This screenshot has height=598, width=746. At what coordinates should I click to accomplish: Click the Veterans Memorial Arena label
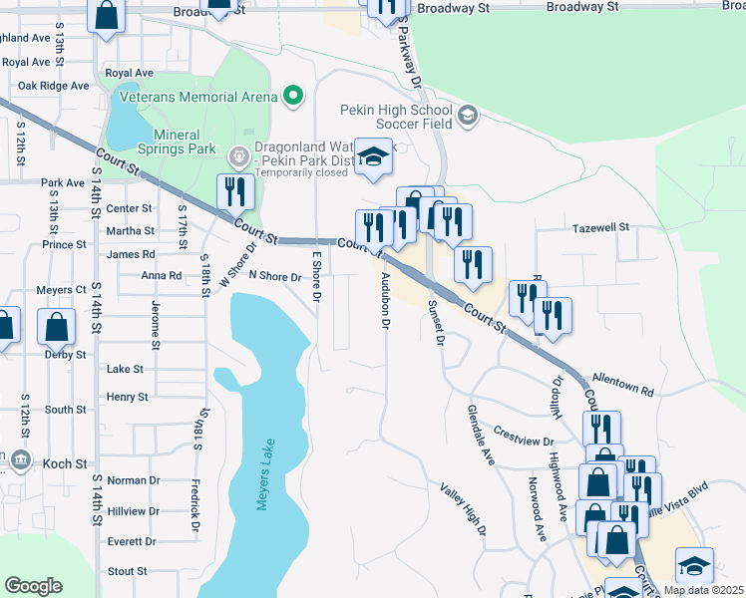[197, 96]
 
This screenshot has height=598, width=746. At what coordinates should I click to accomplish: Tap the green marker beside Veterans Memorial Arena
[292, 97]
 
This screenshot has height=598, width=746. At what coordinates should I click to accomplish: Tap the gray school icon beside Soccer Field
[467, 117]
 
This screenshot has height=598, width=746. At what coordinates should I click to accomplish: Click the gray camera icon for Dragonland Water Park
[238, 155]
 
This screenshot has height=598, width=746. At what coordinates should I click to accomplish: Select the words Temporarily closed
[301, 171]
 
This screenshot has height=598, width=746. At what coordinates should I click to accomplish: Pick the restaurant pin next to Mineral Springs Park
[235, 191]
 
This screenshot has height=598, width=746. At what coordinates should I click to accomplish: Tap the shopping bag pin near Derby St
[57, 325]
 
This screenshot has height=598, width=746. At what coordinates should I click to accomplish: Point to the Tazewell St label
[601, 227]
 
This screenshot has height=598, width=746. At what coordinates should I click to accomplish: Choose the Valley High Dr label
[463, 509]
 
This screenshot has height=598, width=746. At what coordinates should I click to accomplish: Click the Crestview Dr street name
[523, 437]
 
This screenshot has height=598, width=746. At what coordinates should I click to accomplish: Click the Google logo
[33, 586]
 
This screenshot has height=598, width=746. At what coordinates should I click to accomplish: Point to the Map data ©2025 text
[703, 590]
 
